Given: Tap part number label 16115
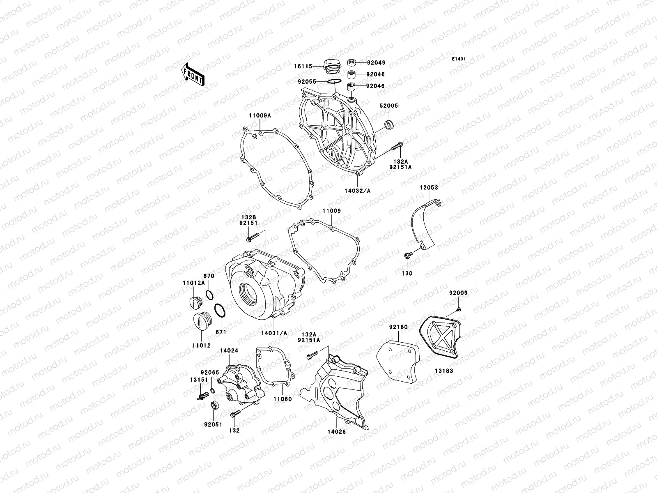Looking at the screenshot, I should tap(303, 66).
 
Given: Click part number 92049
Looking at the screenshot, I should tap(377, 63).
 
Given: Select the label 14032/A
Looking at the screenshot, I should tap(358, 191).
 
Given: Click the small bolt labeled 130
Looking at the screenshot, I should tap(407, 256).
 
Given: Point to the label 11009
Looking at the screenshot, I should tap(331, 211).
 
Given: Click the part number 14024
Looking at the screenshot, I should tap(229, 351).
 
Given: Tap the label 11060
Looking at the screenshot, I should tap(283, 399).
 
